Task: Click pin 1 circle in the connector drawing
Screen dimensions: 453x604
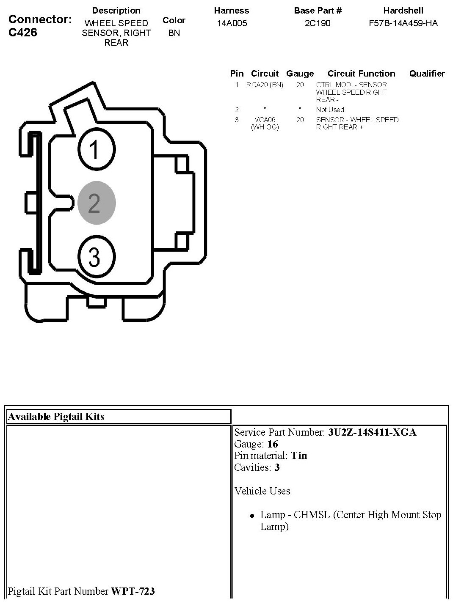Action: [x=97, y=149]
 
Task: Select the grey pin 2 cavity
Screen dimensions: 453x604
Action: [x=97, y=203]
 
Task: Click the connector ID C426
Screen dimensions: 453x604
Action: [x=23, y=32]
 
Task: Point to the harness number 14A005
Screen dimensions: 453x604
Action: [x=232, y=23]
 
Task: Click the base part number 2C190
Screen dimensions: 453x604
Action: [x=318, y=23]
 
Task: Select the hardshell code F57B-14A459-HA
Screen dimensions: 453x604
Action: [x=403, y=23]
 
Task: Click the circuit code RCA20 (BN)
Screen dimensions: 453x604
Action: [x=265, y=85]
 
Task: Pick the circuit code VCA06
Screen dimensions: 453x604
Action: [x=265, y=120]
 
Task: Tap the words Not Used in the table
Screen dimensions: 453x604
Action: [x=330, y=110]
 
